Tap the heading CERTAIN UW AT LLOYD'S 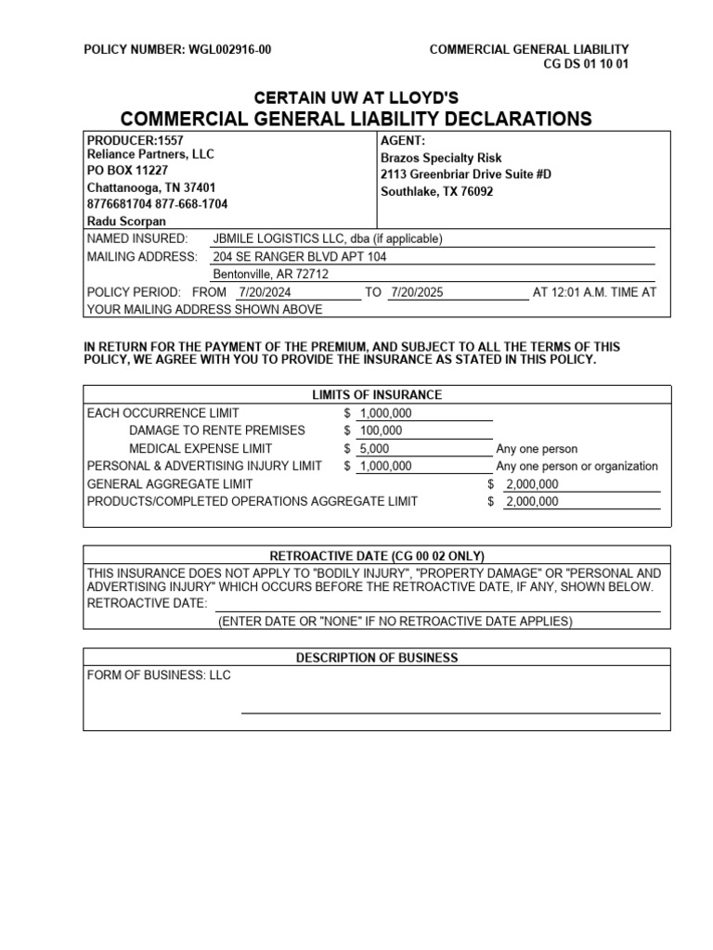click(356, 97)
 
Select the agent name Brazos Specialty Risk click(441, 159)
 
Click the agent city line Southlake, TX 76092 click(436, 191)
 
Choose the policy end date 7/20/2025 click(417, 292)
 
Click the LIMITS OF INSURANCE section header click(376, 395)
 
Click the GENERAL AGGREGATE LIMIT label click(169, 484)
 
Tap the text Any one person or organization click(577, 466)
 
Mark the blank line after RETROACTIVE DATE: click(437, 604)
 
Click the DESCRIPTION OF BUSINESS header click(376, 658)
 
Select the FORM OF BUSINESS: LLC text click(159, 675)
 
